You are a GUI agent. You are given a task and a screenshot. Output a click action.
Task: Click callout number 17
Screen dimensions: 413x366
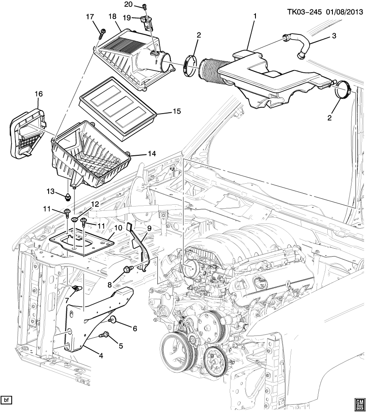click(89, 17)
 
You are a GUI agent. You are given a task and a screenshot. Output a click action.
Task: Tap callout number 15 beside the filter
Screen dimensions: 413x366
click(176, 111)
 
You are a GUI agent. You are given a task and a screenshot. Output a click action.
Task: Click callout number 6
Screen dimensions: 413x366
click(134, 328)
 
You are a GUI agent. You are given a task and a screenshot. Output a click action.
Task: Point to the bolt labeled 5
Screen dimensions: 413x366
click(105, 334)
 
